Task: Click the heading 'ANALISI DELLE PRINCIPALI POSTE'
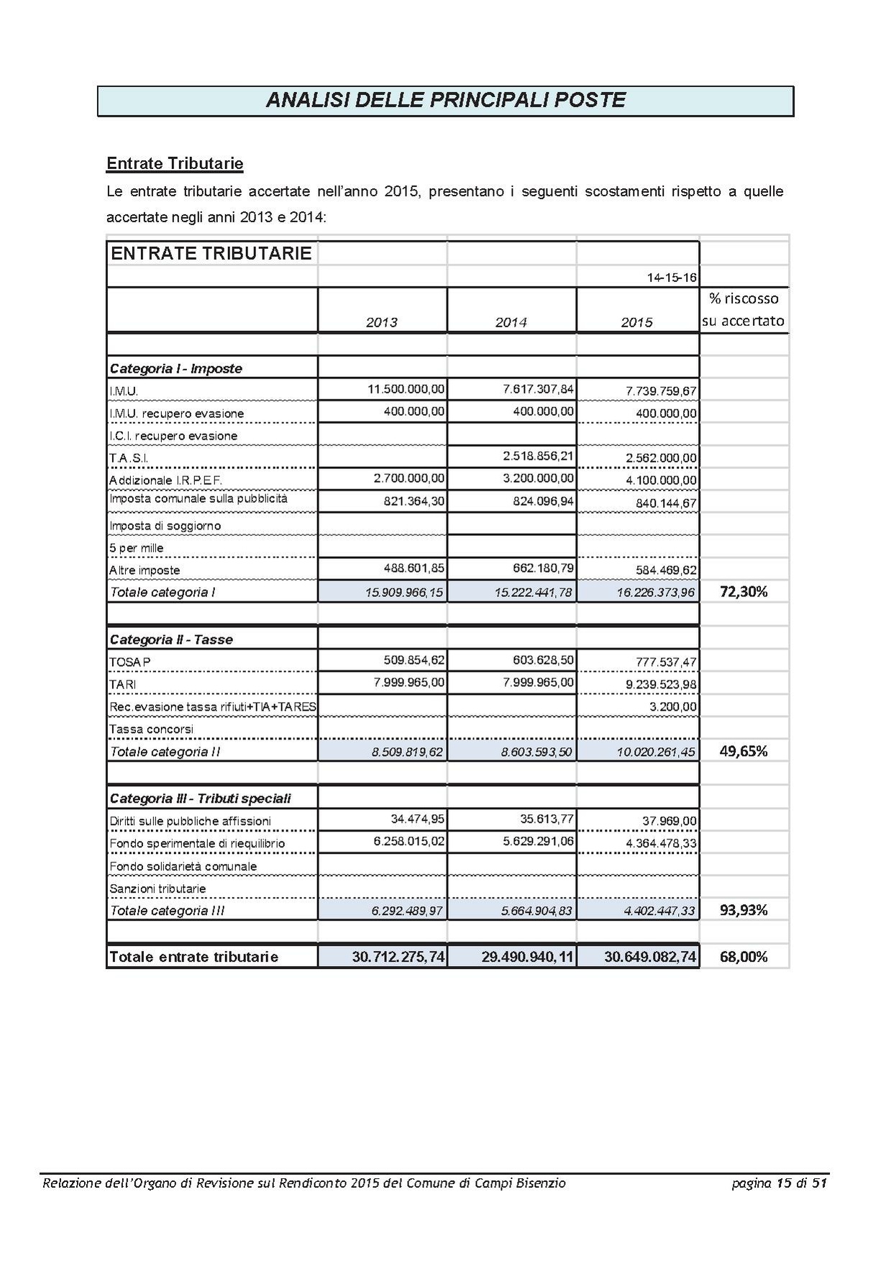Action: pyautogui.click(x=445, y=100)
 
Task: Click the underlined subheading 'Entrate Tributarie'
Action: pyautogui.click(x=175, y=163)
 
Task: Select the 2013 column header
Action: pyautogui.click(x=381, y=322)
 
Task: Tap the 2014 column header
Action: pyautogui.click(x=511, y=322)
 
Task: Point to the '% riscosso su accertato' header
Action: pyautogui.click(x=743, y=310)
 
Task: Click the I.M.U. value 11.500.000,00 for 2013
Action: pyautogui.click(x=406, y=389)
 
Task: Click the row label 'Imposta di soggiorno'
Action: pyautogui.click(x=165, y=525)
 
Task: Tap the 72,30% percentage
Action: pyautogui.click(x=744, y=592)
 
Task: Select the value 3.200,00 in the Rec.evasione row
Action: pyautogui.click(x=673, y=706)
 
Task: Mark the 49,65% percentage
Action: pyautogui.click(x=744, y=751)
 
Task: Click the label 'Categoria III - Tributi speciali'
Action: pyautogui.click(x=201, y=798)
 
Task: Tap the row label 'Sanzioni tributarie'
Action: pyautogui.click(x=157, y=888)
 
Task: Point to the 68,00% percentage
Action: pyautogui.click(x=744, y=957)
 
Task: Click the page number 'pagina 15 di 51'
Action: pyautogui.click(x=780, y=1183)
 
